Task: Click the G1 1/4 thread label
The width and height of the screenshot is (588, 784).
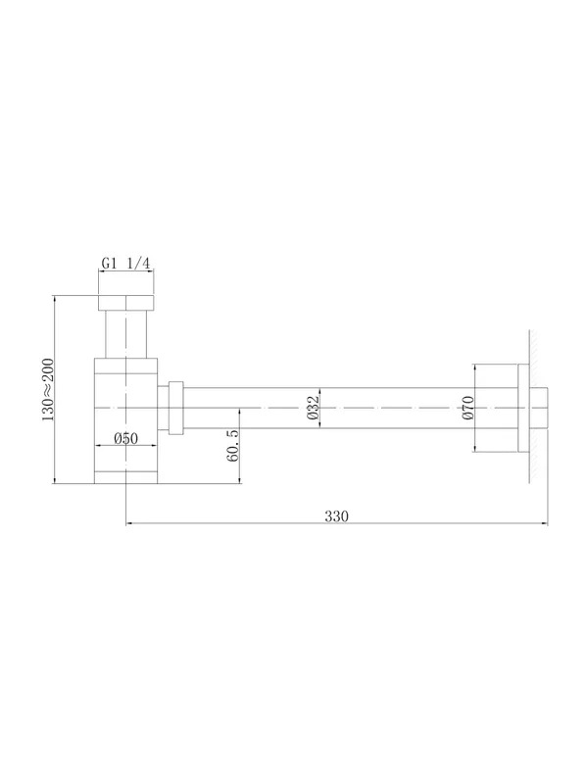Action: click(126, 263)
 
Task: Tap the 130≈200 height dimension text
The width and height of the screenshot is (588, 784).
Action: click(48, 389)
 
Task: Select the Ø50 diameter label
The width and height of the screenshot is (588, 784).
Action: click(126, 438)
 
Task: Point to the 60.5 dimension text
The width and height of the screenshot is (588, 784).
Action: click(232, 445)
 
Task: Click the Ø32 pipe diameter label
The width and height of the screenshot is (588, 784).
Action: click(313, 408)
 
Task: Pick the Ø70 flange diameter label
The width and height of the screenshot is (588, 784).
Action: click(468, 408)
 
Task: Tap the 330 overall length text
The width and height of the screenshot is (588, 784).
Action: click(336, 516)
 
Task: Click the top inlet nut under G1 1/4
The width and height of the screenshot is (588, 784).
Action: click(126, 303)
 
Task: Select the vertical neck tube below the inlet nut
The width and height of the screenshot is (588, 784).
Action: click(126, 334)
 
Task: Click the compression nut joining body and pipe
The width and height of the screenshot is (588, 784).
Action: click(176, 408)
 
